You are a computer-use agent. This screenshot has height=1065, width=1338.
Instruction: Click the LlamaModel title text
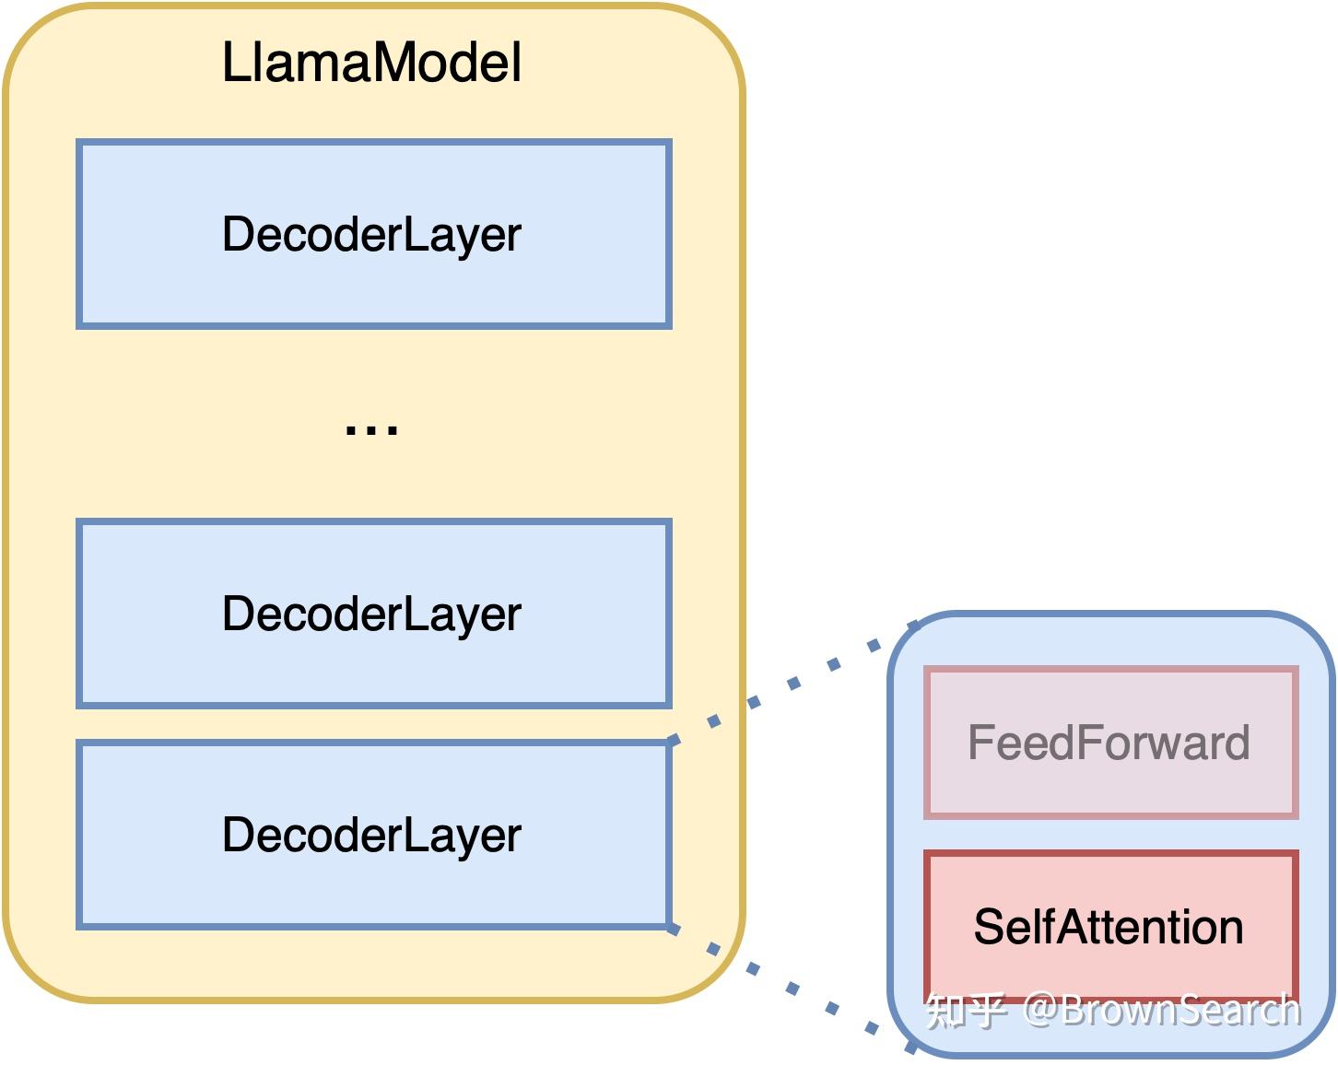coord(371,63)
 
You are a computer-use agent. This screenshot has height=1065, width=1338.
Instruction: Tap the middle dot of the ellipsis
coord(371,429)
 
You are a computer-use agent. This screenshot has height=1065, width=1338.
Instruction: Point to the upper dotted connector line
coord(792,683)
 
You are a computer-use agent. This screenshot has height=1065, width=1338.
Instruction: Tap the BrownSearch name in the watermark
coord(1181,1011)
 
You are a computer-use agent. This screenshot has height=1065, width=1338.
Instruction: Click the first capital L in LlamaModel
coord(234,63)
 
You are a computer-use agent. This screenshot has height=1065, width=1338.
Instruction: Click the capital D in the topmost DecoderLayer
coord(239,234)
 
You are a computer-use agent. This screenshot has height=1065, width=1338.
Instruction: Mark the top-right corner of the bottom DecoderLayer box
coord(669,743)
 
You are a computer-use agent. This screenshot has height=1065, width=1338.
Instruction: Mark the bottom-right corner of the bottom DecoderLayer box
coord(669,926)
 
